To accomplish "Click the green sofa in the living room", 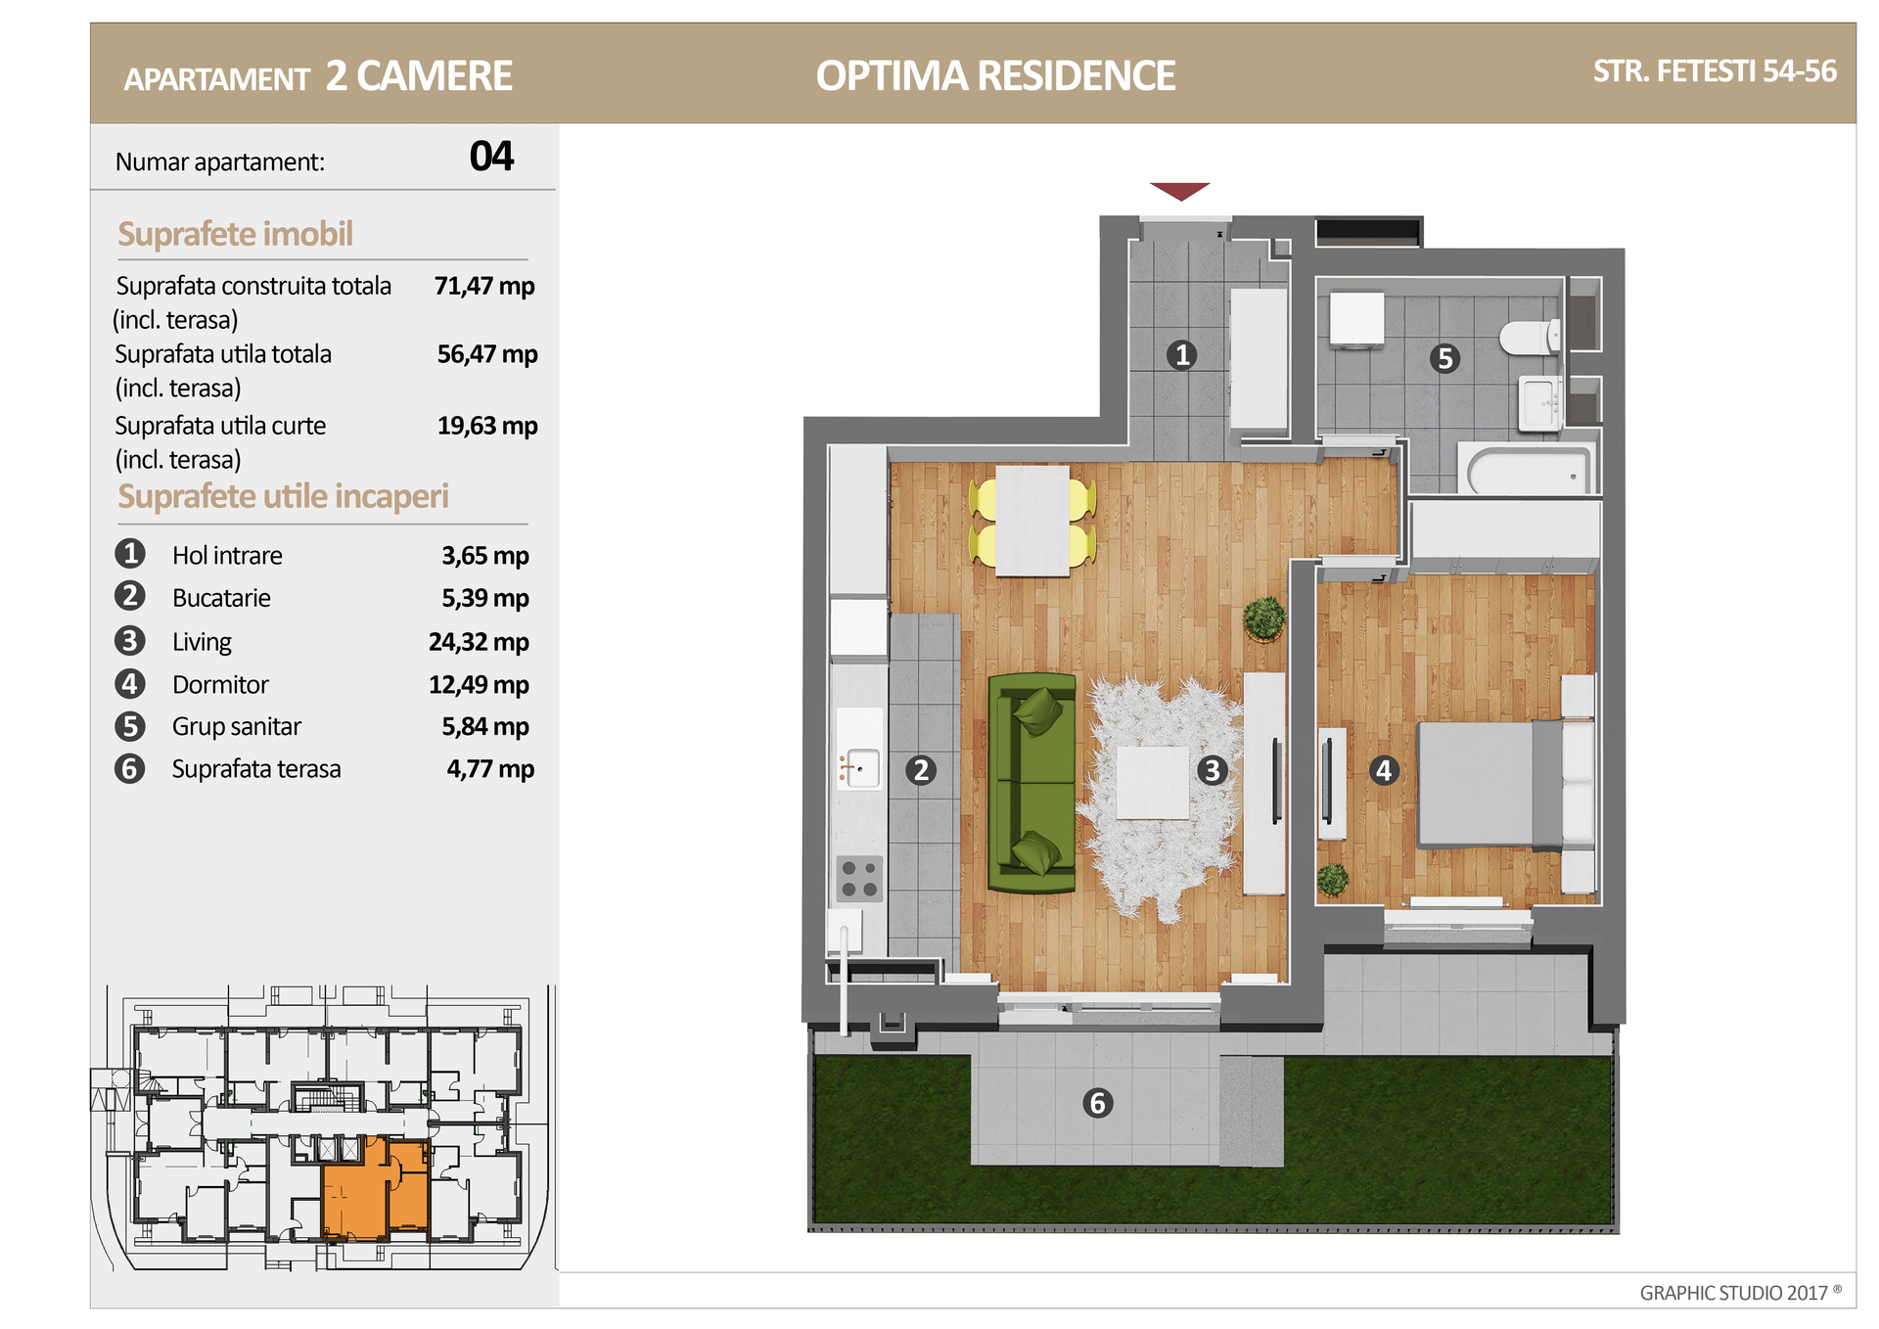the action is point(1031,782).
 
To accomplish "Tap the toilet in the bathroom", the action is point(1531,338).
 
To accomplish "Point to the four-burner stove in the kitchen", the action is point(859,878).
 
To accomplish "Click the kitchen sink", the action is point(859,768).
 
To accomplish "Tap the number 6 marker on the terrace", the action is point(1097,1103).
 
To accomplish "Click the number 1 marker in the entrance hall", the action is point(1181,354).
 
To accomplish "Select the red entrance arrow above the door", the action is point(1180,191).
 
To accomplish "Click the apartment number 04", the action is point(491,157).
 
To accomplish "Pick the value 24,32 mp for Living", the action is point(479,642).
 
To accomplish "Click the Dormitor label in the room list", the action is point(220,685).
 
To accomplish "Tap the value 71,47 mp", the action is point(484,286).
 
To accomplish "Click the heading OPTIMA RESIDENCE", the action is point(995,75).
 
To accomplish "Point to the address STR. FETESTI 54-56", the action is point(1715,71).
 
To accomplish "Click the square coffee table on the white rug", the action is point(1153,782).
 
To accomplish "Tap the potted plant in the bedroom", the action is point(1332,880).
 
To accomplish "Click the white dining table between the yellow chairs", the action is point(1032,521).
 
